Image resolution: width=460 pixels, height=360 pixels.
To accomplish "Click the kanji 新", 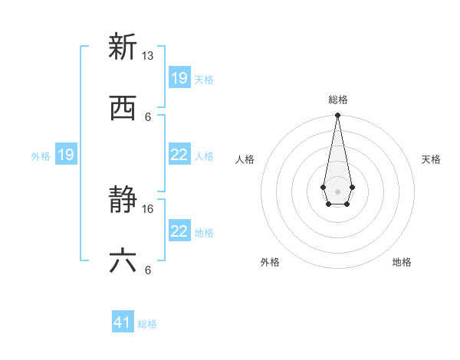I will (x=123, y=47).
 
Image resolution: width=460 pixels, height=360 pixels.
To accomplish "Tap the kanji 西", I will (x=123, y=108).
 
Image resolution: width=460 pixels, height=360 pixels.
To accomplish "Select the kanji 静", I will (x=123, y=201).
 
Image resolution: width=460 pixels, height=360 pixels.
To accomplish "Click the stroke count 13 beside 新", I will (x=148, y=56).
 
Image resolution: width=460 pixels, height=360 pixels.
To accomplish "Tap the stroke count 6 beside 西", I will (x=148, y=117).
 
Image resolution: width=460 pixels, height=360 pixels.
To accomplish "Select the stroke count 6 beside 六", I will (x=148, y=270).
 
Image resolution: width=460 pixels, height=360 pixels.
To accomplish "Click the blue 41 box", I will (x=123, y=322).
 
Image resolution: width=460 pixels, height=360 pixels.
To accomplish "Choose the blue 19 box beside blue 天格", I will (x=179, y=78).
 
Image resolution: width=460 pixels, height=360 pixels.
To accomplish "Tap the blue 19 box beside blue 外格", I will (x=66, y=155).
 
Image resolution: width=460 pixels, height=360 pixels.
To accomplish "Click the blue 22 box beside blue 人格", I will (x=179, y=155).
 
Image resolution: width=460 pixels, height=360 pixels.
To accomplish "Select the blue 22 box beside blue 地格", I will (x=179, y=231).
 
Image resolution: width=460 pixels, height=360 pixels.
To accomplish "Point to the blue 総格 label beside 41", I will (x=148, y=324).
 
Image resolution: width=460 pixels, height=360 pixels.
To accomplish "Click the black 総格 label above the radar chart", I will (x=337, y=100).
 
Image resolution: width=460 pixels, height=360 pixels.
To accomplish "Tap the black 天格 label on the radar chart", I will (x=432, y=159).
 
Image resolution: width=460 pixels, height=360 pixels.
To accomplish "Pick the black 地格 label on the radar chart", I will (x=402, y=262).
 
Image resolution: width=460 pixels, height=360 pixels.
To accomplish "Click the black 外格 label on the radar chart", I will (x=270, y=262).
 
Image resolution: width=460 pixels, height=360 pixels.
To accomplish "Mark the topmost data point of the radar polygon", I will (x=337, y=116).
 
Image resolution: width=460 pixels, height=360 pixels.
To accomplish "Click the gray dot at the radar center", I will (x=337, y=190).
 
